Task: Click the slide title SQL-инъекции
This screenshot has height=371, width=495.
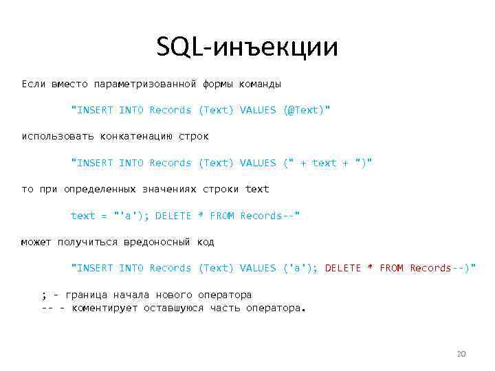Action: tap(247, 48)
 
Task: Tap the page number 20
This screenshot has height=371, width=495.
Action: tap(461, 354)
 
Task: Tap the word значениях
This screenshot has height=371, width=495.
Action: tap(168, 189)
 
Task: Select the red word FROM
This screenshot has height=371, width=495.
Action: tap(391, 268)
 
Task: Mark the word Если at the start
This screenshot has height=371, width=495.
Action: tap(33, 84)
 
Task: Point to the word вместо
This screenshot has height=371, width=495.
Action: tap(69, 84)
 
